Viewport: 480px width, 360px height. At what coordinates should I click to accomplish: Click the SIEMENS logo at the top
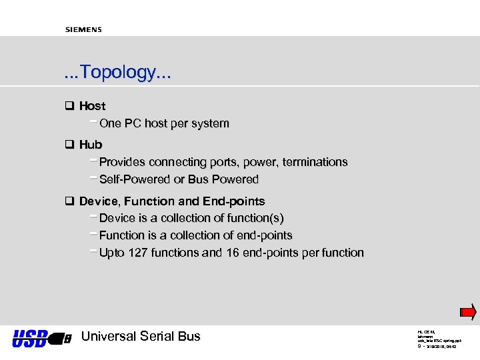point(83,29)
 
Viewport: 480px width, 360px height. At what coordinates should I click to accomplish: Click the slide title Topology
point(117,72)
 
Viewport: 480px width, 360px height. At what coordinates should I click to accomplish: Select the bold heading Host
point(92,106)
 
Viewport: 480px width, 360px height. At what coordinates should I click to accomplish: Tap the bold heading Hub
point(91,145)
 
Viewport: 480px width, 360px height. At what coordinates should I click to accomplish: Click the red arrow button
point(468,312)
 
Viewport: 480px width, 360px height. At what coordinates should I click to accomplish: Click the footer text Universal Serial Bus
point(140,337)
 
